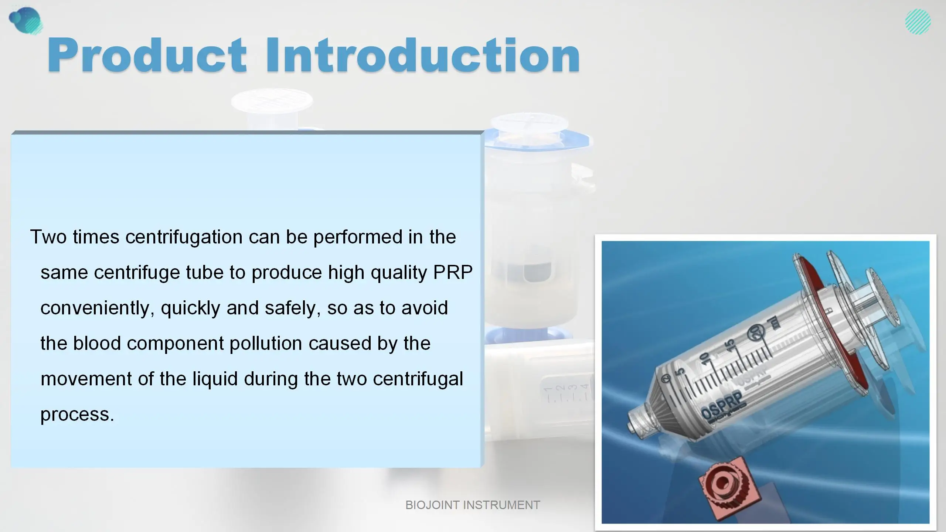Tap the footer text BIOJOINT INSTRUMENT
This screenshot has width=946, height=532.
pyautogui.click(x=473, y=505)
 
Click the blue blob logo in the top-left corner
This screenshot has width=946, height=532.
pyautogui.click(x=25, y=20)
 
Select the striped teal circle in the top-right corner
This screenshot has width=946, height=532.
pyautogui.click(x=918, y=22)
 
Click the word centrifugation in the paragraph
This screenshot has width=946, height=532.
pyautogui.click(x=184, y=237)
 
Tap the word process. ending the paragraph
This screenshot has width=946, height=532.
pyautogui.click(x=77, y=414)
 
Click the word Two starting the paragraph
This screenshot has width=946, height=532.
pyautogui.click(x=48, y=237)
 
